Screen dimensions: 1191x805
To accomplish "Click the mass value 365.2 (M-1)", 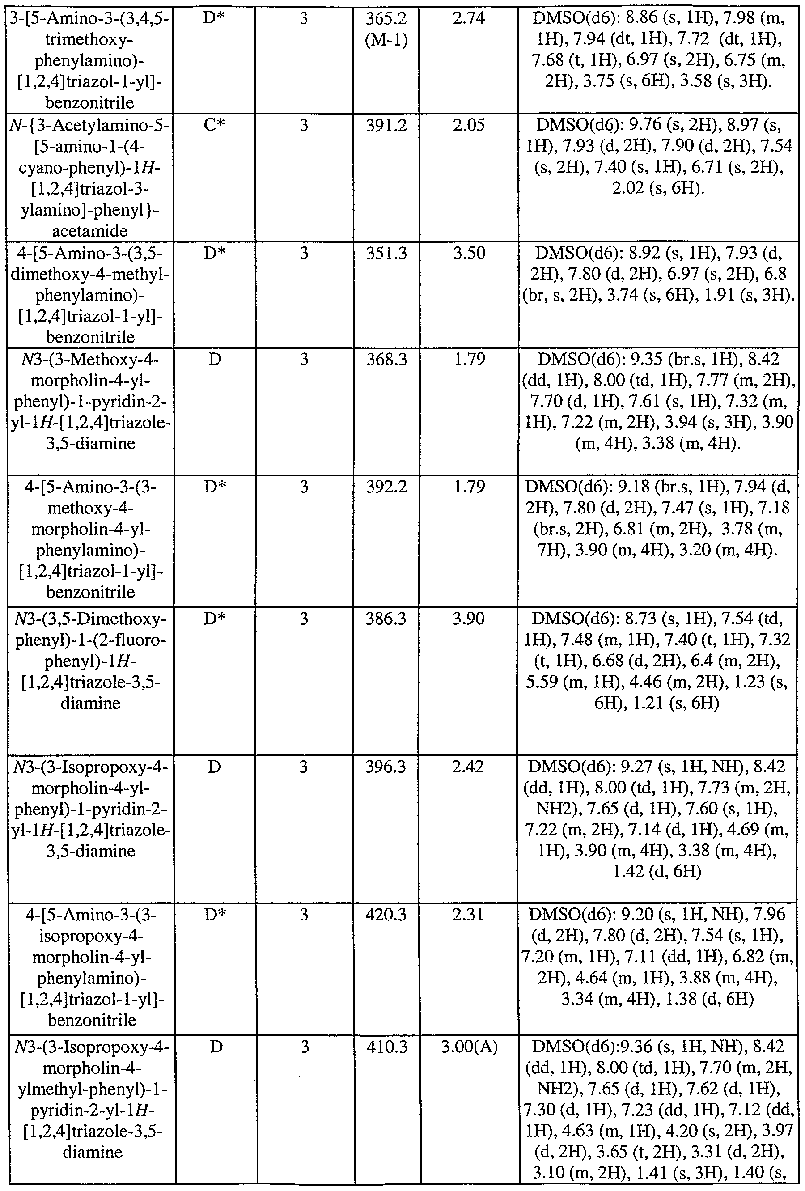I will pyautogui.click(x=386, y=30).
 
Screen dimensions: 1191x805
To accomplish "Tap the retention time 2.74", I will pyautogui.click(x=468, y=18).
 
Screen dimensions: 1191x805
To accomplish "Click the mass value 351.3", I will pyautogui.click(x=386, y=253).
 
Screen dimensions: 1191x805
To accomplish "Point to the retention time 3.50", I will pyautogui.click(x=469, y=253).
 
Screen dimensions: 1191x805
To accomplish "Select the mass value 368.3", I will pyautogui.click(x=386, y=359).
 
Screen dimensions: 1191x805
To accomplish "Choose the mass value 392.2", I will pyautogui.click(x=386, y=486).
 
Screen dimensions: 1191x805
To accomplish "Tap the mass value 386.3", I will pyautogui.click(x=386, y=619).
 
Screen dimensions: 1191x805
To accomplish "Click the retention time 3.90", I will pyautogui.click(x=469, y=619).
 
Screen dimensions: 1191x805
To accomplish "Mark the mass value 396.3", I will pyautogui.click(x=386, y=767).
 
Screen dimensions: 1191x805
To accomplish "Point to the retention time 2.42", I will pyautogui.click(x=468, y=767).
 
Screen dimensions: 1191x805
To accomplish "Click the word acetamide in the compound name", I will pyautogui.click(x=90, y=231).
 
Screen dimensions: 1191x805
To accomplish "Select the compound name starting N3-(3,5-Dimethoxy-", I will pyautogui.click(x=90, y=661).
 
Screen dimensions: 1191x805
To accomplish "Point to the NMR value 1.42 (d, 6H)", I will pyautogui.click(x=657, y=871).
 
